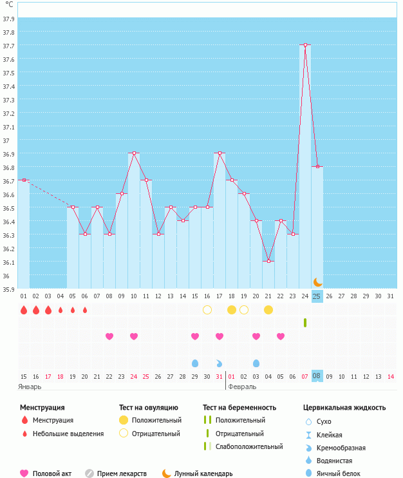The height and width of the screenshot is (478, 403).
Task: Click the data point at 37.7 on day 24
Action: click(x=305, y=45)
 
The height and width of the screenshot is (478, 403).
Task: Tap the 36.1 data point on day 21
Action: click(x=268, y=261)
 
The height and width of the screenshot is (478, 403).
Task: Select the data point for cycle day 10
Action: click(x=134, y=153)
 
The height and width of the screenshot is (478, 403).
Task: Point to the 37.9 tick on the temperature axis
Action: click(x=8, y=19)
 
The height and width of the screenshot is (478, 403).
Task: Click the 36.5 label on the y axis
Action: click(x=8, y=208)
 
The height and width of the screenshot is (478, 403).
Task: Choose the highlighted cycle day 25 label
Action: click(x=317, y=296)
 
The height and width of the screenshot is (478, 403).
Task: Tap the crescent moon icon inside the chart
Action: click(x=317, y=282)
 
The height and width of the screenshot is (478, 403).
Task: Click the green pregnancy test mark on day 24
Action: click(x=305, y=322)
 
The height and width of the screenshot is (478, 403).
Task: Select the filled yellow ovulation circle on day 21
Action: click(x=268, y=310)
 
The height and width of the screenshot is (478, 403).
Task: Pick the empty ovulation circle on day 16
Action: click(x=207, y=310)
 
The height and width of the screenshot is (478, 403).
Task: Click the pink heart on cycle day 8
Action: click(x=109, y=336)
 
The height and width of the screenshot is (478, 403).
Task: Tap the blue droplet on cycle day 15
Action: click(x=195, y=363)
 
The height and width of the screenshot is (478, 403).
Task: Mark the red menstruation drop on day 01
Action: click(x=24, y=310)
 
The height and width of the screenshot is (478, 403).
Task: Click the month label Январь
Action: click(x=30, y=387)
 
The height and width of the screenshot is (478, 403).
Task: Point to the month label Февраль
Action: click(x=242, y=387)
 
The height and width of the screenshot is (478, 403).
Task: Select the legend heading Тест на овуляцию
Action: click(x=148, y=408)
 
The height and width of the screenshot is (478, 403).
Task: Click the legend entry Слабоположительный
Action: click(x=249, y=446)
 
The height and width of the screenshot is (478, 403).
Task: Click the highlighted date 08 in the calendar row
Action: click(x=317, y=376)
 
